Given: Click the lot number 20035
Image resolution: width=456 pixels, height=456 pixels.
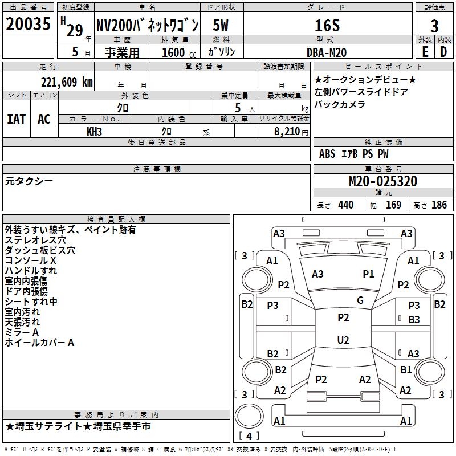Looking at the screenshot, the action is click(28, 25).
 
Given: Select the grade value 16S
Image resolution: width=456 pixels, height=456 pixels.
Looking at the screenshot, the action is click(327, 26).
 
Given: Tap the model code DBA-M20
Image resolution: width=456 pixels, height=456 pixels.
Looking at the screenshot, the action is click(327, 51).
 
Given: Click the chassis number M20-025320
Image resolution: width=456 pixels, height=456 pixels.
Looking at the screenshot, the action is click(382, 182).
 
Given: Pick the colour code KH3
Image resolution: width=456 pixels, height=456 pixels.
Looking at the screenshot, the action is click(94, 131).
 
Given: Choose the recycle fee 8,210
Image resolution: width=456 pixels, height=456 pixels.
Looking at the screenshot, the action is click(283, 131).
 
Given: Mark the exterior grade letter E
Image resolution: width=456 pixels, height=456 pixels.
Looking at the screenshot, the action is click(425, 51).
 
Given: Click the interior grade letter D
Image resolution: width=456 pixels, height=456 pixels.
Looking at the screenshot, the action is click(443, 51).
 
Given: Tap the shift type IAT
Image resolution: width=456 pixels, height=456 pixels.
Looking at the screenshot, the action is click(16, 119).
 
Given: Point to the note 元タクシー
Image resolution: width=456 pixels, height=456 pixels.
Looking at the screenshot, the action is click(29, 181).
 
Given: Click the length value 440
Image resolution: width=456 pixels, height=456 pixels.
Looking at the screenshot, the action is click(345, 205).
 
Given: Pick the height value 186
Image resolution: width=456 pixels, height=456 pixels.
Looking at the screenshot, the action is click(439, 205).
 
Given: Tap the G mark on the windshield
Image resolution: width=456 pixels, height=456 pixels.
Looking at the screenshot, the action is click(360, 300).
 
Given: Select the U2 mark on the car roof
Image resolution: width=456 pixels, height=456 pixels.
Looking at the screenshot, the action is click(343, 340).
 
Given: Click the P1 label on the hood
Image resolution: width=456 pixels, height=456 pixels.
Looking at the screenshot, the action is click(368, 274).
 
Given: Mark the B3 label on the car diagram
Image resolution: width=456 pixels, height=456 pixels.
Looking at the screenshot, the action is click(414, 320).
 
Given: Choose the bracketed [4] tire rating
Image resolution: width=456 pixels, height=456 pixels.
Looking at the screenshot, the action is click(248, 436).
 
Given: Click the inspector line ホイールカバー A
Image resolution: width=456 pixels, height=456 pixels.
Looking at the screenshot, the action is click(39, 343).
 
